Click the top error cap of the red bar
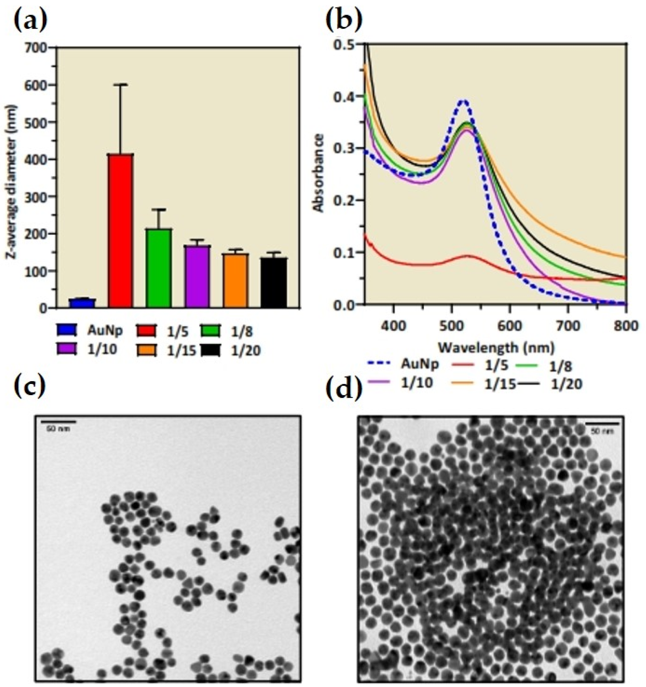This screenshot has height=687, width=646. click(x=120, y=85)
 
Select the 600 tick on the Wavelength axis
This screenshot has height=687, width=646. click(x=510, y=326)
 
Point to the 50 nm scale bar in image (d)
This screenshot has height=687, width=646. click(x=602, y=424)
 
